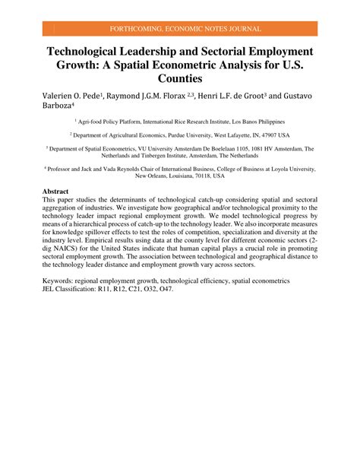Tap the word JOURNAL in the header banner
[242, 29]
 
